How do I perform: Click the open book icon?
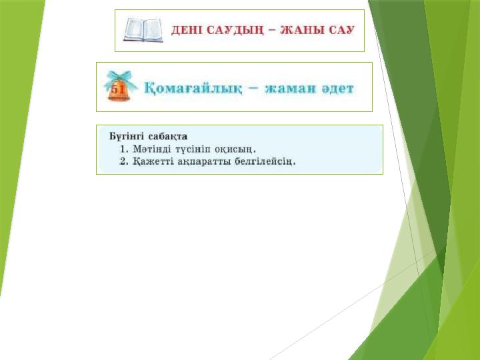(x=143, y=31)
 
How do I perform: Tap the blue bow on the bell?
(x=121, y=77)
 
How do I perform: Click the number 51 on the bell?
(x=117, y=89)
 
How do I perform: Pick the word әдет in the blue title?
(x=337, y=89)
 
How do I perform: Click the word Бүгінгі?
(x=125, y=136)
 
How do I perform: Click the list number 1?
(x=123, y=149)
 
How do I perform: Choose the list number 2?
(x=123, y=161)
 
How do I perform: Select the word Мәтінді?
(x=153, y=149)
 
